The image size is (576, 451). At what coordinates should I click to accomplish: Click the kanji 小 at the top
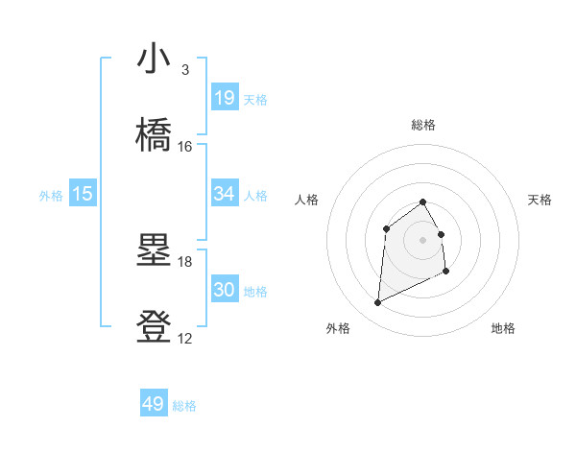(x=154, y=59)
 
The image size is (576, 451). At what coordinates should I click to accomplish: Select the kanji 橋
(x=154, y=135)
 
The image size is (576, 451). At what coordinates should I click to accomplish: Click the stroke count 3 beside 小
(x=184, y=70)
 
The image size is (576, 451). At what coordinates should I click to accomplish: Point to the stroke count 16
(x=184, y=147)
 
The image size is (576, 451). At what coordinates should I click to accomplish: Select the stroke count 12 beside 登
(x=184, y=339)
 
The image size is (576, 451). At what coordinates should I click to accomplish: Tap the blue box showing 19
(x=224, y=98)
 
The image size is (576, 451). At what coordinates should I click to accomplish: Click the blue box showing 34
(x=224, y=194)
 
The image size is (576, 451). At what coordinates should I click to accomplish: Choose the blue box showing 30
(x=224, y=290)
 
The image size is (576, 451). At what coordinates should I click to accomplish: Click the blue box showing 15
(x=83, y=194)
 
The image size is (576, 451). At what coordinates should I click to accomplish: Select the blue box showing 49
(x=154, y=404)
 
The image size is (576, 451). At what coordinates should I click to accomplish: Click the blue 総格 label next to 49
(x=184, y=406)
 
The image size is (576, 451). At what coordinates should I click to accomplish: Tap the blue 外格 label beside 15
(x=51, y=196)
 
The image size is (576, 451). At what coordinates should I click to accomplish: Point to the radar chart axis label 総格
(x=422, y=125)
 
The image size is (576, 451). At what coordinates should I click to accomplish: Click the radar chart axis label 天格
(x=540, y=200)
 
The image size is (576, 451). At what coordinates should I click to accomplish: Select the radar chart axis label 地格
(x=503, y=328)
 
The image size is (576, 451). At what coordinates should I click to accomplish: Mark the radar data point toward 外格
(x=377, y=303)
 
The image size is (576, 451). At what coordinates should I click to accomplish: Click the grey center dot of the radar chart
(x=422, y=239)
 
